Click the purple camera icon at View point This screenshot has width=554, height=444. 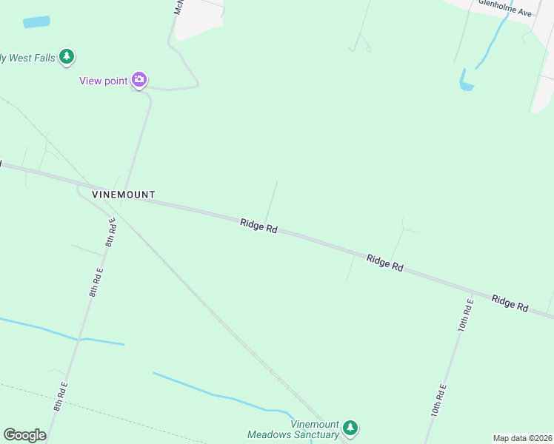click(x=139, y=79)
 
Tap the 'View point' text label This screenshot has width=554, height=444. click(x=104, y=81)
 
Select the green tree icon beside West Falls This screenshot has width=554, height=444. click(x=67, y=56)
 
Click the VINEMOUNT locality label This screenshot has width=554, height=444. click(x=124, y=195)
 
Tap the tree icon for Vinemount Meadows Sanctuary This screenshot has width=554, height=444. click(x=350, y=427)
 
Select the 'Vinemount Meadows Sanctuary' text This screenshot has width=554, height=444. click(x=293, y=429)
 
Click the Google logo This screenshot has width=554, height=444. click(x=24, y=435)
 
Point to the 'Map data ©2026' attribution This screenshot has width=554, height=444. click(x=522, y=438)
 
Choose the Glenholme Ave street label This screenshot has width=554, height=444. click(x=505, y=7)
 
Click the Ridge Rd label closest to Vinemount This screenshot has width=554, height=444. click(x=258, y=226)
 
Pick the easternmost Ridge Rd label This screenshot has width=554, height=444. click(x=510, y=303)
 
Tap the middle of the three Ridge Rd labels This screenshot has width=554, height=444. click(x=384, y=262)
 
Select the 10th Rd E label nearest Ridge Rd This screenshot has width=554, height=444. click(x=465, y=314)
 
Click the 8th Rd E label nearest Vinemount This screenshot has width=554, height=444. click(x=110, y=232)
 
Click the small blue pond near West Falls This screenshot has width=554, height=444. click(x=36, y=22)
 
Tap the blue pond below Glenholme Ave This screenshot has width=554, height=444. click(x=466, y=81)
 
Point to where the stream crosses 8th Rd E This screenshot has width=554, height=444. click(x=79, y=339)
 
